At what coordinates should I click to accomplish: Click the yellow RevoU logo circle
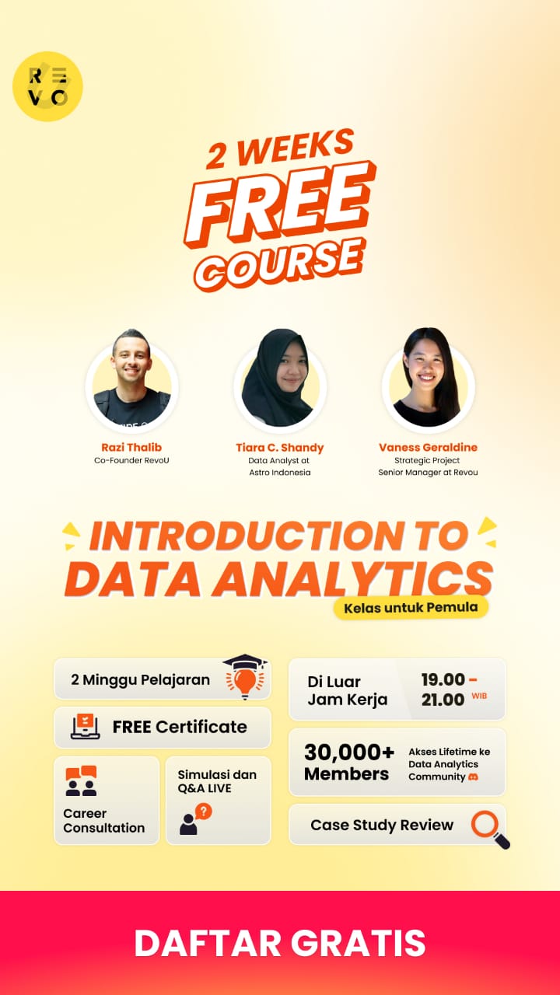click(47, 86)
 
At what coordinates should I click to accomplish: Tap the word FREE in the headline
click(280, 203)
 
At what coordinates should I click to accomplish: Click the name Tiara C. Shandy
click(280, 447)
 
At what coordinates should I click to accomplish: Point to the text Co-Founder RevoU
click(131, 460)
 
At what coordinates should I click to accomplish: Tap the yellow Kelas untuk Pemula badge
click(411, 607)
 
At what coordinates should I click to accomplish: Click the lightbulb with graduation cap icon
click(245, 676)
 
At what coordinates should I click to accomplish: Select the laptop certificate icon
click(86, 727)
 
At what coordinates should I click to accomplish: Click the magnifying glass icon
click(490, 829)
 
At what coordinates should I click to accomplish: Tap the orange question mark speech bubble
click(204, 812)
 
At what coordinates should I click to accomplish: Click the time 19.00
click(443, 679)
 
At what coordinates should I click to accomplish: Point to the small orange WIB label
click(479, 696)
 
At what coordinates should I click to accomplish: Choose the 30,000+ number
click(349, 752)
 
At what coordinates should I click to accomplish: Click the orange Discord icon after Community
click(474, 777)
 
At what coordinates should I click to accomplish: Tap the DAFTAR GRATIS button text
click(280, 942)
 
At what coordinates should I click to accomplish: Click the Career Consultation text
click(104, 820)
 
